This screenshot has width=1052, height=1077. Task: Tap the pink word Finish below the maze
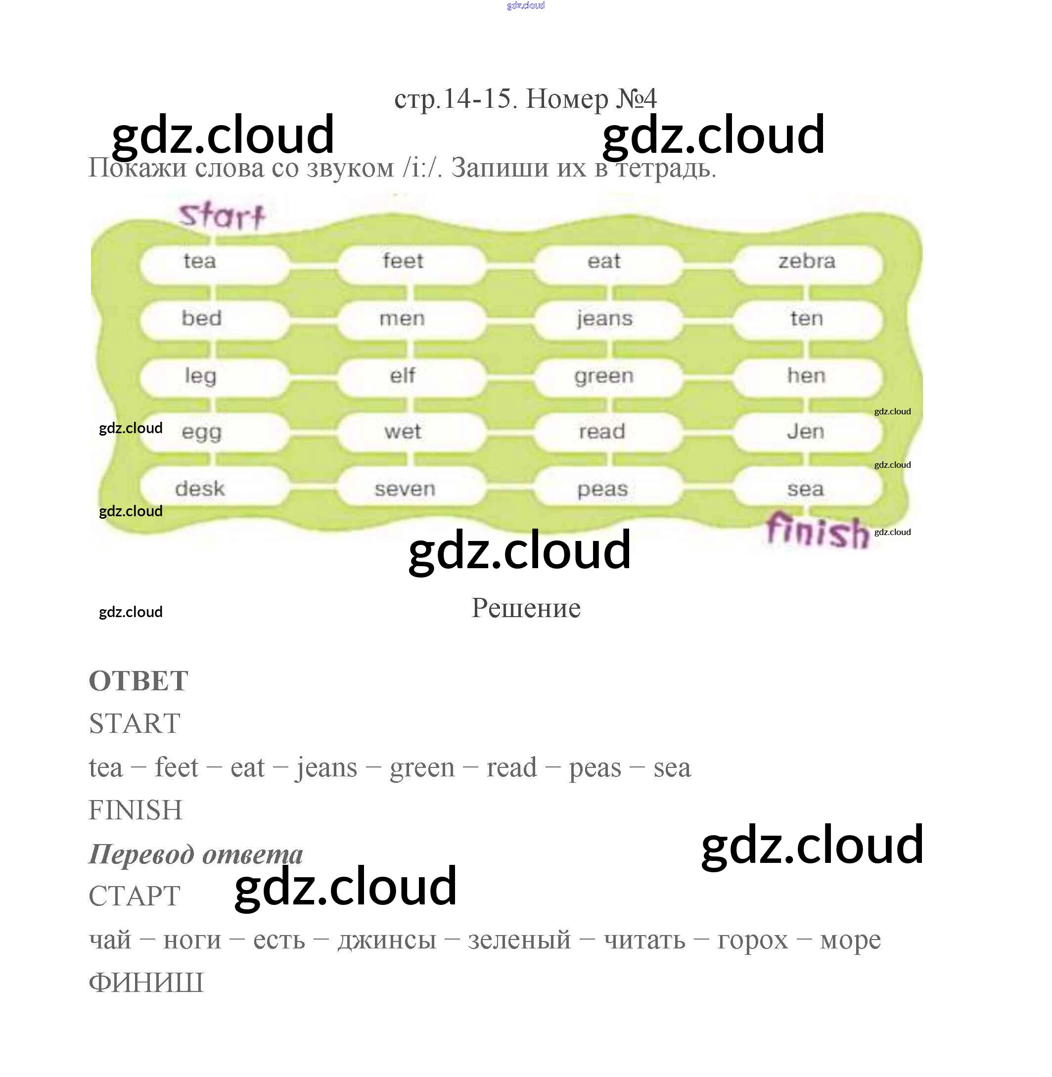817,530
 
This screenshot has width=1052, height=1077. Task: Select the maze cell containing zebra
807,261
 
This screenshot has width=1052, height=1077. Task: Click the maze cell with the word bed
202,318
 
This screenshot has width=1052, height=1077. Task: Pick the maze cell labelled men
402,318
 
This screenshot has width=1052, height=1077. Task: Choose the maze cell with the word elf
402,376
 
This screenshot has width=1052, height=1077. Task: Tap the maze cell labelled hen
806,376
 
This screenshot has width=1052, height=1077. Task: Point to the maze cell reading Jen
806,431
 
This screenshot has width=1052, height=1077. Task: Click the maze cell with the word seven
405,489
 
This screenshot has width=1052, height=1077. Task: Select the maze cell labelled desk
200,489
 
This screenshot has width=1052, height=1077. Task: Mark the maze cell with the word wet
403,431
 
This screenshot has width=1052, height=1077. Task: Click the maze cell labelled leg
200,376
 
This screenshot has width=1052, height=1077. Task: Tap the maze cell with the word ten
807,318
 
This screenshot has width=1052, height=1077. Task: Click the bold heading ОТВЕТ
138,681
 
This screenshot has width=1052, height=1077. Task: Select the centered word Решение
525,609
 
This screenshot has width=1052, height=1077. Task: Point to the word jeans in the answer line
326,768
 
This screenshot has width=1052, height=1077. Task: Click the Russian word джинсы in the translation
387,940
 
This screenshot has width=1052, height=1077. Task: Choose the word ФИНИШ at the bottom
146,983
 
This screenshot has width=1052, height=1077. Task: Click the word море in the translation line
850,940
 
